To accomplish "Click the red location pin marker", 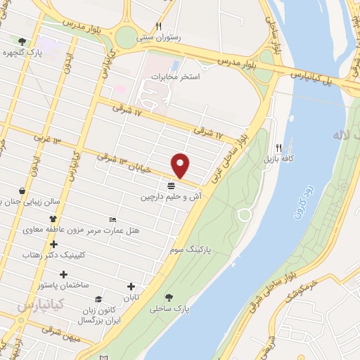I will click(x=181, y=165).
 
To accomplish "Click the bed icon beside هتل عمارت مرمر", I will click(x=111, y=220).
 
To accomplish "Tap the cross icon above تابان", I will click(x=131, y=286).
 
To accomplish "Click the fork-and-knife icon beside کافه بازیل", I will click(x=278, y=148).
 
